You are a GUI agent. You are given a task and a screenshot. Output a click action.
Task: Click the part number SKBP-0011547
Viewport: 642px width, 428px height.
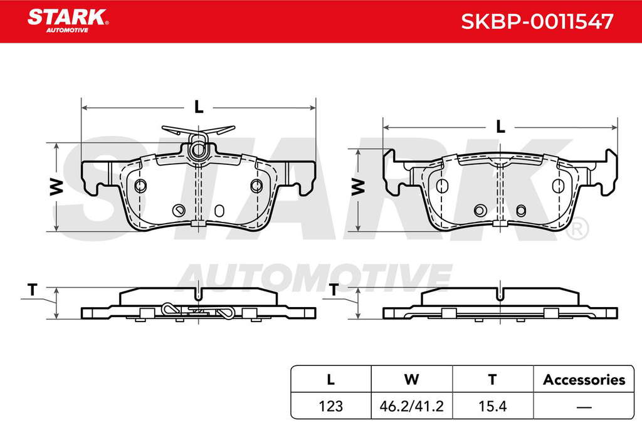click(x=537, y=21)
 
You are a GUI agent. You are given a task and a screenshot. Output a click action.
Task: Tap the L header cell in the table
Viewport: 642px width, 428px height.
click(x=331, y=379)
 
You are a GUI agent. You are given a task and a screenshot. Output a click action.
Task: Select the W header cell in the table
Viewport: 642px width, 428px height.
click(x=411, y=379)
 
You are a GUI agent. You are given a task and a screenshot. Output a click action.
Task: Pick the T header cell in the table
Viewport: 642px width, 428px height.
click(x=493, y=379)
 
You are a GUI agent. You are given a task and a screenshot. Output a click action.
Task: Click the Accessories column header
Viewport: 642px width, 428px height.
click(x=584, y=380)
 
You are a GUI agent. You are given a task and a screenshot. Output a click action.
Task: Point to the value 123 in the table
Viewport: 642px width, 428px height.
click(x=331, y=406)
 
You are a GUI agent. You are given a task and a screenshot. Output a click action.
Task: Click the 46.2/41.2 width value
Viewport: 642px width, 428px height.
click(x=411, y=406)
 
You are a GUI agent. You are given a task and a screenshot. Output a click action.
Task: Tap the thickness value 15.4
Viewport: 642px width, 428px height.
click(x=493, y=406)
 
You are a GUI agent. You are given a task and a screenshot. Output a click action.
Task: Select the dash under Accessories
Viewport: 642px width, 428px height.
click(x=584, y=407)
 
